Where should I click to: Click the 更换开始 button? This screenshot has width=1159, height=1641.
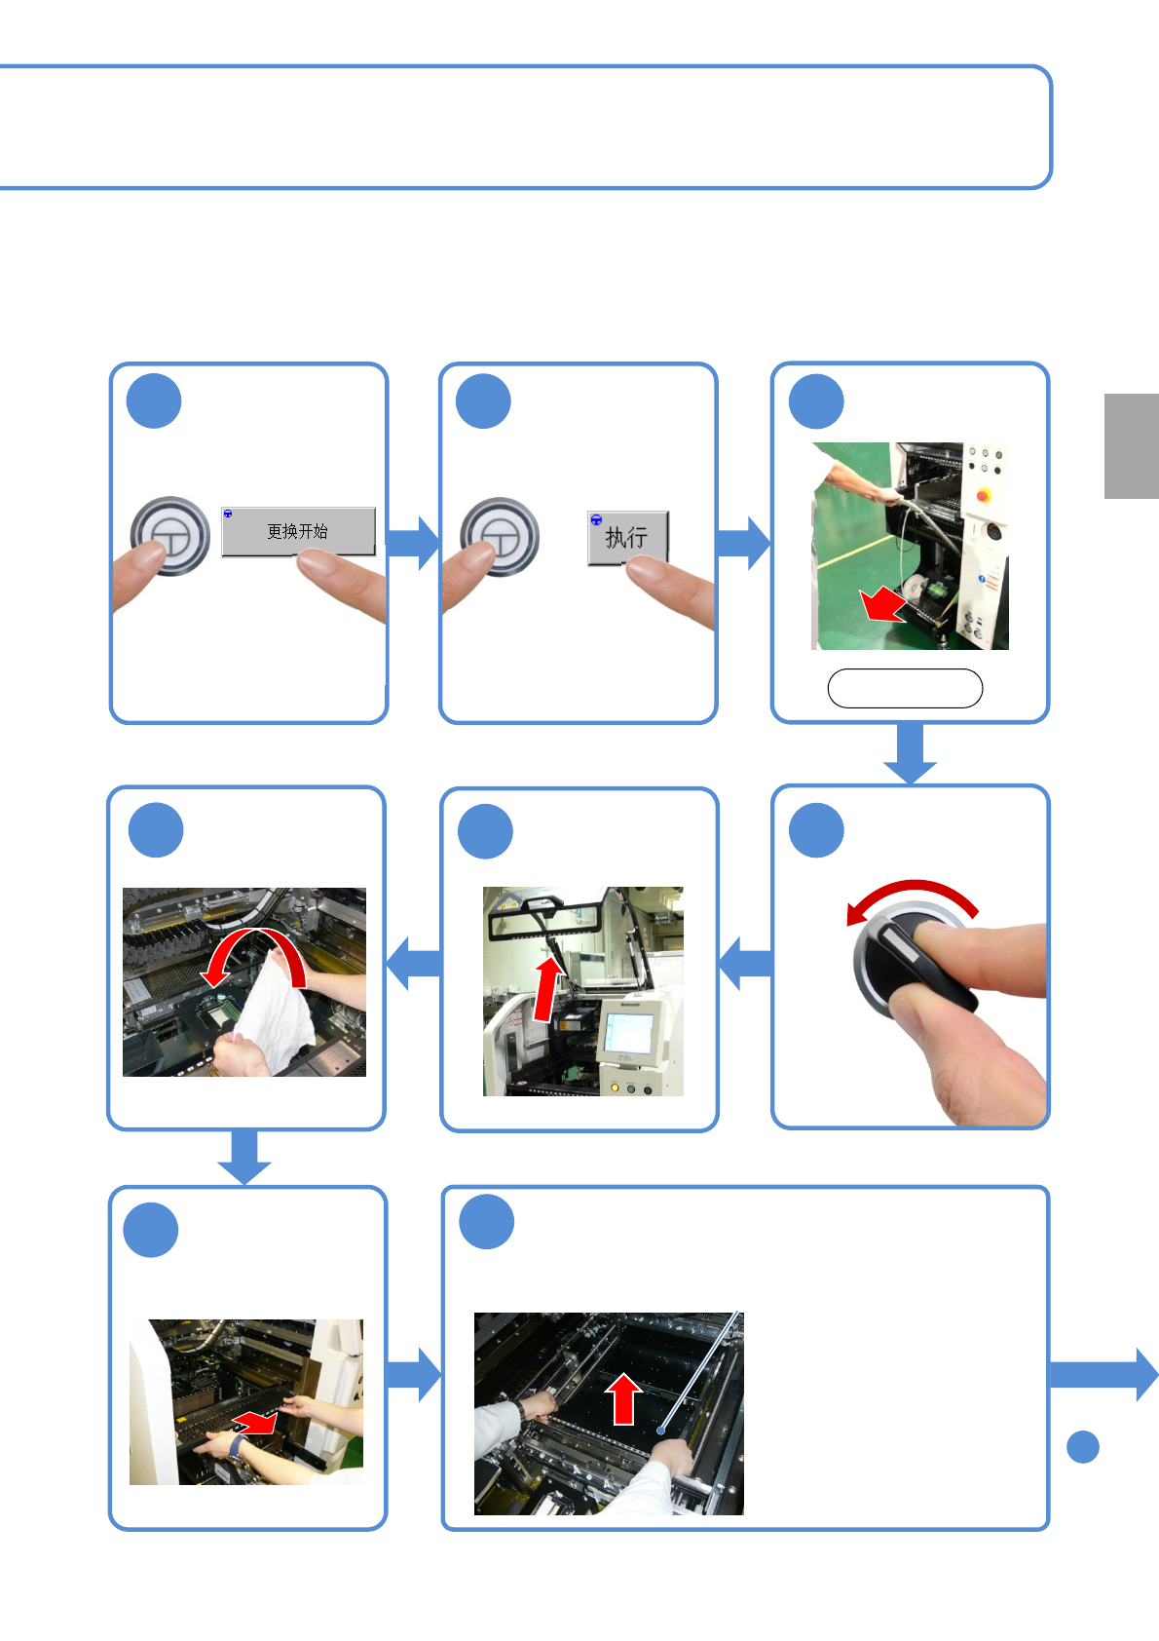(x=298, y=531)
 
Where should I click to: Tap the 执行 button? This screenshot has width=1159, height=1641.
(x=627, y=538)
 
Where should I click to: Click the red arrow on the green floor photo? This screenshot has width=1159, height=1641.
(x=883, y=604)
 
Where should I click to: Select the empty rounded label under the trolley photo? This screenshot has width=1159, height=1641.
(x=905, y=688)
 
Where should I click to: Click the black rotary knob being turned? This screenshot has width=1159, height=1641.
(x=912, y=961)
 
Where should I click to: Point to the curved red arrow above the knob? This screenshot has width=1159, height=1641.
(x=913, y=888)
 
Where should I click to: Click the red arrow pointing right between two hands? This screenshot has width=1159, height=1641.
(x=254, y=1423)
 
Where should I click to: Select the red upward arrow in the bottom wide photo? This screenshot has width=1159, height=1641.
(x=623, y=1398)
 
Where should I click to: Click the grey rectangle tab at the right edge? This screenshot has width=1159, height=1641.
(x=1131, y=446)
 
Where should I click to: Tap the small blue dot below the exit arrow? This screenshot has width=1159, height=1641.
(x=1083, y=1447)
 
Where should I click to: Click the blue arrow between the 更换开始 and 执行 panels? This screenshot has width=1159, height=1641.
(x=413, y=543)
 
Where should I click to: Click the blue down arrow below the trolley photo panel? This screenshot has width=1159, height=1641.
(x=910, y=753)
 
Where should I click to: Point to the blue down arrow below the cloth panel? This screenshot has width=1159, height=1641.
(x=244, y=1157)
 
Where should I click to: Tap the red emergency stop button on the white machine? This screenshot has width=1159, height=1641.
(x=984, y=495)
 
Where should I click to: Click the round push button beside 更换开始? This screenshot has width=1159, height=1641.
(x=169, y=536)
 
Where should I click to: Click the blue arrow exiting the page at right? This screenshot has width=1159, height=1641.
(x=1104, y=1374)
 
